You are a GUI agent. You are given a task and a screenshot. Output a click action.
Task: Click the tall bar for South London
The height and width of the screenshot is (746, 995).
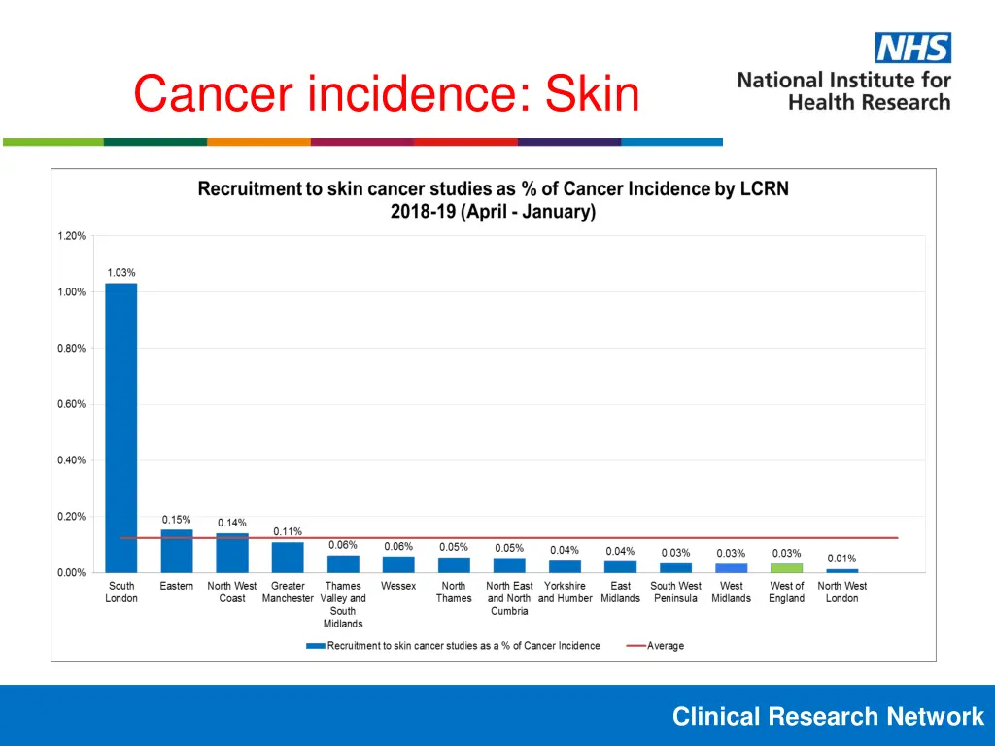(x=121, y=427)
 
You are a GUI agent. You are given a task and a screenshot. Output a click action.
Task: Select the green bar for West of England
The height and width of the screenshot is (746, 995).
(x=787, y=567)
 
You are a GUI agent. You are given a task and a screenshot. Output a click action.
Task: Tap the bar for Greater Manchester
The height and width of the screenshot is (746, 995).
(x=288, y=557)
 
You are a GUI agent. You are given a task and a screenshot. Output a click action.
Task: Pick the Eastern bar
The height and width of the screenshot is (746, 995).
(x=177, y=551)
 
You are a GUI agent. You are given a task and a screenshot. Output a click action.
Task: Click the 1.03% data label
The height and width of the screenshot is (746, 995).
(x=121, y=273)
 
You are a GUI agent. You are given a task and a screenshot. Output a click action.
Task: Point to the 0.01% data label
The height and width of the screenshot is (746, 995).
(x=841, y=559)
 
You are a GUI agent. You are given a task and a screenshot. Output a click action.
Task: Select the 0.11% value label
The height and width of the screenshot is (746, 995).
(x=288, y=531)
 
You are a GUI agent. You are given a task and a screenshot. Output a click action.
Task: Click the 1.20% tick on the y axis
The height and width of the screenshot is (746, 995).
(x=70, y=236)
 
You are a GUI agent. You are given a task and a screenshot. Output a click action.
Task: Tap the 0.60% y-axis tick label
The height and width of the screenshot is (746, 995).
(x=70, y=404)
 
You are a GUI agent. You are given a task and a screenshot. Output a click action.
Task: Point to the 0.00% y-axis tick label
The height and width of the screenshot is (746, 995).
(x=70, y=573)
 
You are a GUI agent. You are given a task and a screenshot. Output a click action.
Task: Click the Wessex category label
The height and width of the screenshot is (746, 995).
(x=398, y=586)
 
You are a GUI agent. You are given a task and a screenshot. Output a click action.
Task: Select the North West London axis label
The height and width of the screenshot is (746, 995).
(x=842, y=593)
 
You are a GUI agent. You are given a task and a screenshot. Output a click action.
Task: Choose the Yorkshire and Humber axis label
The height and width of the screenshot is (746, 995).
(x=565, y=593)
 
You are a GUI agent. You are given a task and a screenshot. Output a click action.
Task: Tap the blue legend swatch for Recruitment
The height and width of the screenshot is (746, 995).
(x=315, y=646)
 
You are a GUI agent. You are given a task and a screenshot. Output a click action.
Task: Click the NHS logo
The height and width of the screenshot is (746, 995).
(x=912, y=48)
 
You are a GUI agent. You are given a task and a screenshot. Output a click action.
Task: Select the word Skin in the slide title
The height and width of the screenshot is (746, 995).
(x=592, y=95)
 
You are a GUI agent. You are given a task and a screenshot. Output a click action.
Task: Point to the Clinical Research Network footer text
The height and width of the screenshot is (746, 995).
(x=828, y=717)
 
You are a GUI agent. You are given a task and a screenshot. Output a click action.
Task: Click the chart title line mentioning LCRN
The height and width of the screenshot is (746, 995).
(x=493, y=189)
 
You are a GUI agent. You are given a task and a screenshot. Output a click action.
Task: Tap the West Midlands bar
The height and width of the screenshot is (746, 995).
(x=732, y=567)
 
